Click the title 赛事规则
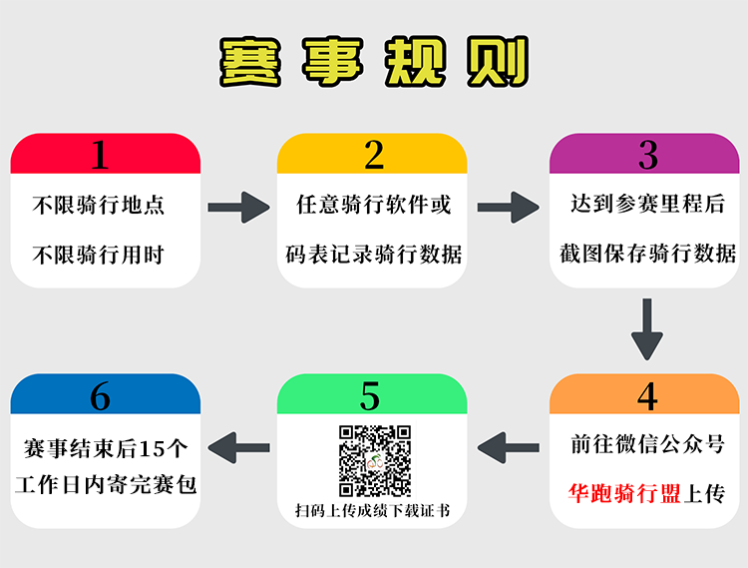[x=374, y=61]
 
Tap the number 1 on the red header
[x=100, y=155]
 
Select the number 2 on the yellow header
[x=374, y=155]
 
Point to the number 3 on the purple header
[x=648, y=155]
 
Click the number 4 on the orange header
[x=647, y=396]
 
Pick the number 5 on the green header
[x=370, y=396]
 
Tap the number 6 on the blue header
[x=100, y=396]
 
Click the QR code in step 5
[x=374, y=460]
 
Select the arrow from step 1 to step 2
[x=238, y=208]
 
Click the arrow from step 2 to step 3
[x=508, y=208]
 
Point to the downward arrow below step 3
[x=647, y=329]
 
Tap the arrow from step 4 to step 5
[x=508, y=448]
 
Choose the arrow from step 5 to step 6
[x=238, y=448]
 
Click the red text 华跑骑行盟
[x=624, y=493]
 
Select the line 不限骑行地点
[x=99, y=206]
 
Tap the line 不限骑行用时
[x=99, y=255]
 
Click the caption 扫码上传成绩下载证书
[x=373, y=511]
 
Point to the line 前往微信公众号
[x=647, y=444]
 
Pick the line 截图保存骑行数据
[x=647, y=253]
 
